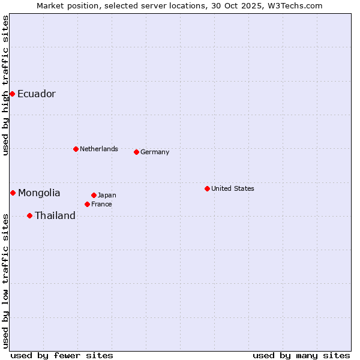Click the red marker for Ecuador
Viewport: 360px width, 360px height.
[12, 94]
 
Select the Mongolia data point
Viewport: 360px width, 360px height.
[13, 193]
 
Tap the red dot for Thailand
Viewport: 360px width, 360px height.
[29, 215]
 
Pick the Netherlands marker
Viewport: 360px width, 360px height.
[76, 149]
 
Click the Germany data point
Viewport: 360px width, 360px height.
[136, 152]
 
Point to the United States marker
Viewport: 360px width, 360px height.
[207, 188]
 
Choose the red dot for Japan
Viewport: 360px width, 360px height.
[94, 195]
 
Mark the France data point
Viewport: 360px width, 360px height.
[87, 204]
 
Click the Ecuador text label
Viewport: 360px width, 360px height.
[36, 94]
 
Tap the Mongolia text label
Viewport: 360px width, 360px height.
[39, 193]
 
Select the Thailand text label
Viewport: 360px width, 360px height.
[55, 215]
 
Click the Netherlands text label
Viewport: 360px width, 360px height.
[99, 149]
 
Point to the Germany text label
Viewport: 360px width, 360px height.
[155, 152]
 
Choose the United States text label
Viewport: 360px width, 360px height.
[233, 188]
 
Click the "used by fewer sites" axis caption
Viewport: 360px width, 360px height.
[62, 355]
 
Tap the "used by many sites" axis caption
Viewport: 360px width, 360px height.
[301, 355]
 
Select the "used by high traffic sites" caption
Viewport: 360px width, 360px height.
[5, 85]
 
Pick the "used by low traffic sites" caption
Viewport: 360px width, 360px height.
[5, 280]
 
